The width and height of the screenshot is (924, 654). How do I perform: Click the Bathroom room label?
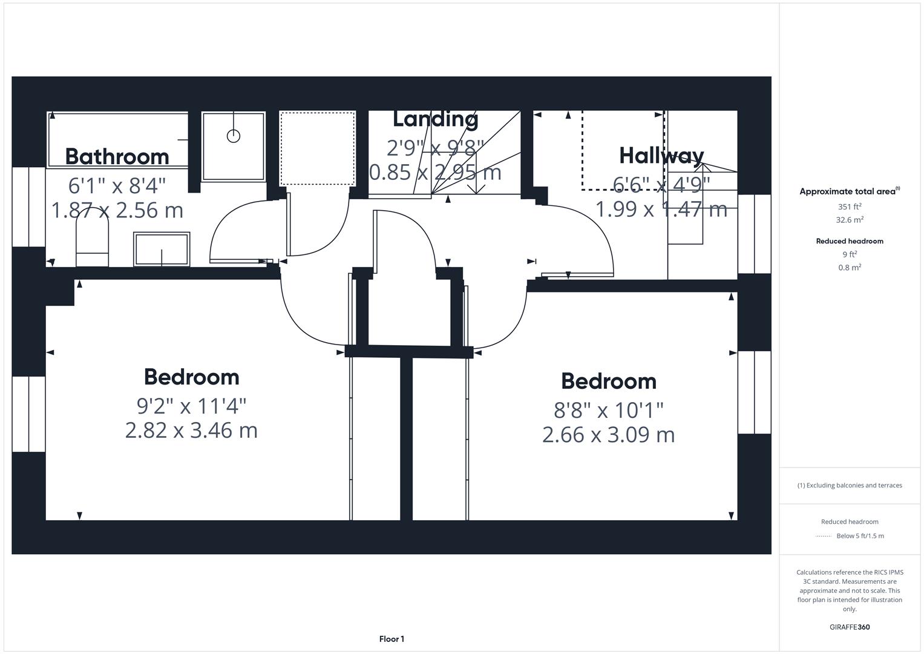tap(117, 156)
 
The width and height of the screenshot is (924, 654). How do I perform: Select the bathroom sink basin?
tap(162, 249)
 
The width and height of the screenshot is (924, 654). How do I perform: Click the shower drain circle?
tap(233, 136)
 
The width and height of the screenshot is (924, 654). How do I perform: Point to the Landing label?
tap(435, 119)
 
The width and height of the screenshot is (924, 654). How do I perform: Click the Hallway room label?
tap(661, 156)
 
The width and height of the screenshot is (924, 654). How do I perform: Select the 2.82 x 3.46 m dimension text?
tap(191, 431)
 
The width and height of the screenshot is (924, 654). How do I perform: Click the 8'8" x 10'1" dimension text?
tap(608, 410)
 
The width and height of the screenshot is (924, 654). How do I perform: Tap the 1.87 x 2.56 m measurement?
tap(117, 210)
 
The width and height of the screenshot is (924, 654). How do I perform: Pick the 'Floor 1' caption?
tap(392, 639)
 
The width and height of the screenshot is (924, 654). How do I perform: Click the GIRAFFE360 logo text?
tap(849, 627)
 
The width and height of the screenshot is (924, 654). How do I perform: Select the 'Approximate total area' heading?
tap(848, 191)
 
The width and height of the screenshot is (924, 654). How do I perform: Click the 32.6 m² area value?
tap(849, 220)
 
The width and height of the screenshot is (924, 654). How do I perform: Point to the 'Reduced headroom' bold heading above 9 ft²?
tap(849, 241)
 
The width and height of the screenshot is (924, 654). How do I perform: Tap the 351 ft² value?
tap(849, 206)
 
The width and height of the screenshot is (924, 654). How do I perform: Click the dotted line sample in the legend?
tap(823, 536)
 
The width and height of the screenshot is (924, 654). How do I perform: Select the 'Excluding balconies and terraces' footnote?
tap(849, 485)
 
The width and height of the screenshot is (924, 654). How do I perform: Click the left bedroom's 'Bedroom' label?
tap(191, 377)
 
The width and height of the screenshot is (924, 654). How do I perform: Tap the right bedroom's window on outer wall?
tap(754, 392)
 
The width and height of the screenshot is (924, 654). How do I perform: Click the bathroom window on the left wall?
tap(28, 206)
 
